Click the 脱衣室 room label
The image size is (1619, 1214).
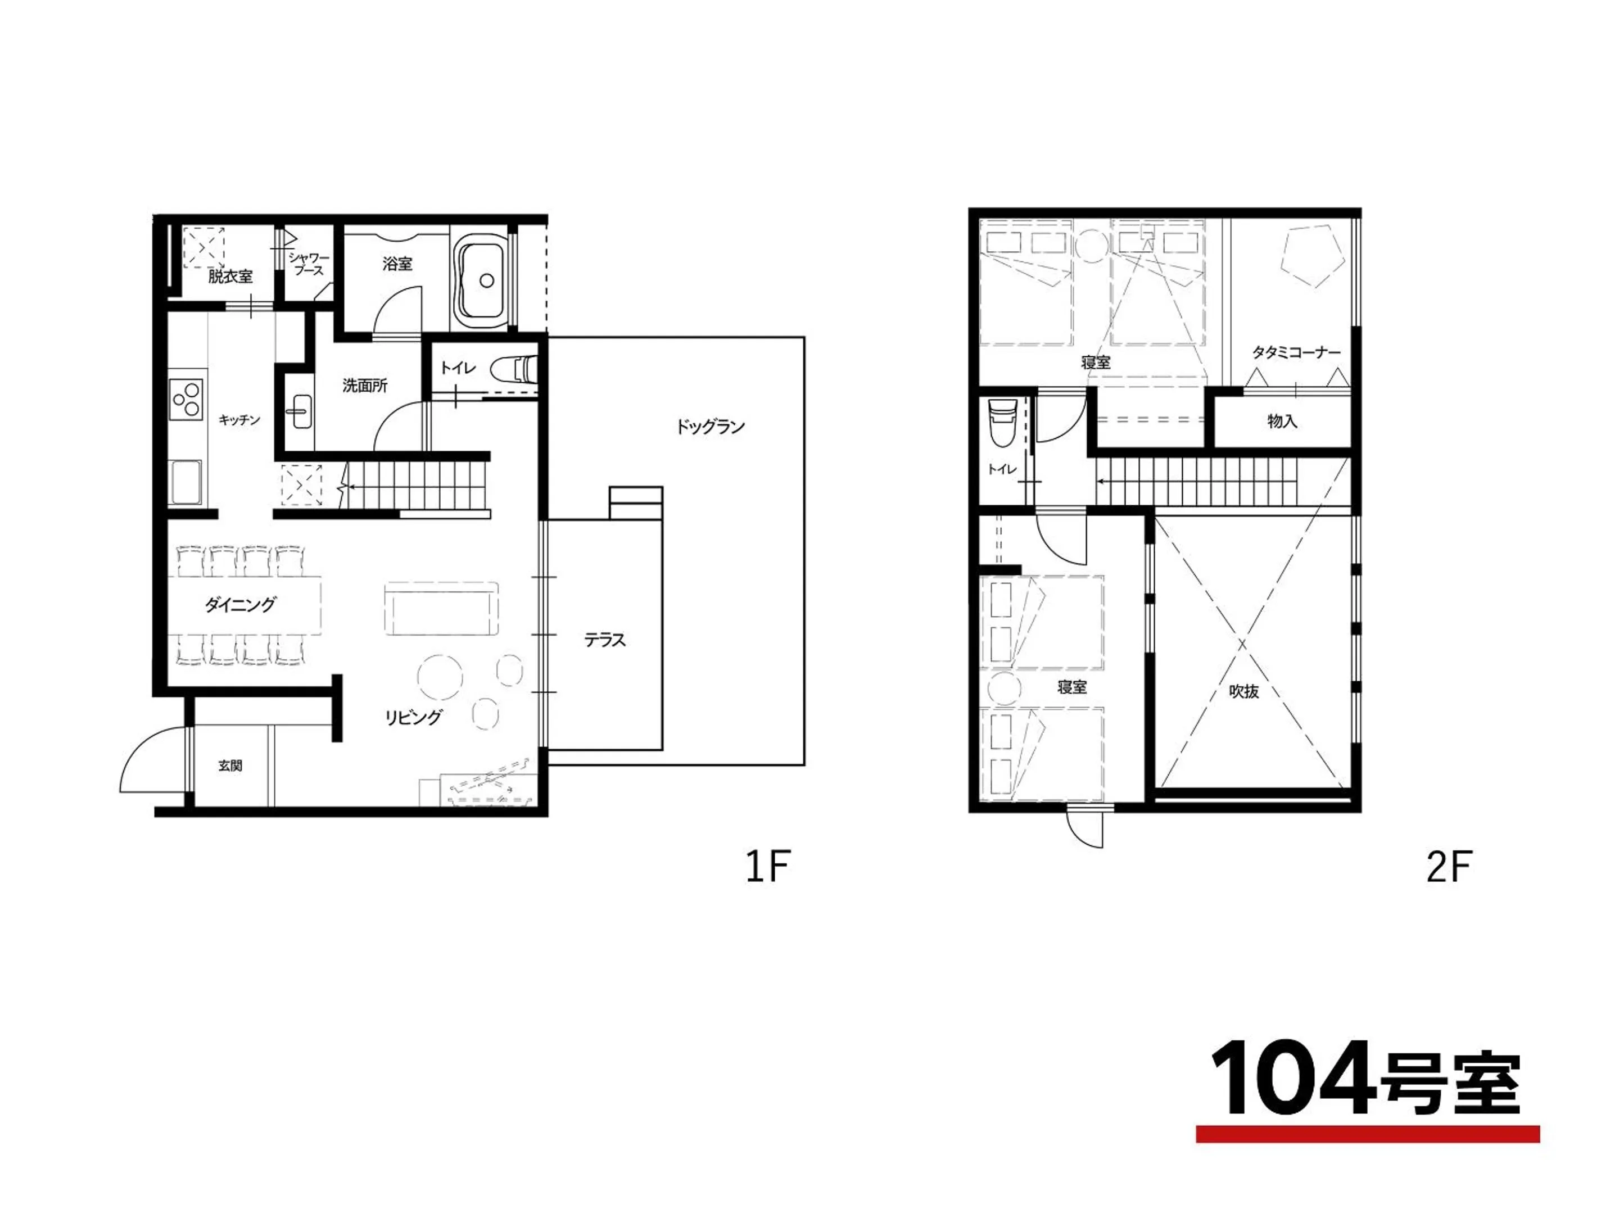click(x=230, y=277)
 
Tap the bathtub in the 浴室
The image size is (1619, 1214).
click(x=480, y=279)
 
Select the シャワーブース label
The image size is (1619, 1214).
click(x=308, y=264)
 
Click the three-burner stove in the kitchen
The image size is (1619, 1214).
click(x=186, y=399)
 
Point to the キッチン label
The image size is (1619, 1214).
click(x=239, y=420)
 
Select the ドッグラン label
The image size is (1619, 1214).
click(x=709, y=427)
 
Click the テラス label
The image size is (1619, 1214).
click(x=604, y=640)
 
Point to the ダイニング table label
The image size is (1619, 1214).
click(x=240, y=604)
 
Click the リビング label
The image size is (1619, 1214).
click(x=414, y=717)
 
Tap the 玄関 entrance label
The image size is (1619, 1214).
click(x=230, y=765)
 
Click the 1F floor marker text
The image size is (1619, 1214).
click(x=767, y=867)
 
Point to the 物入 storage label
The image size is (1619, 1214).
click(x=1282, y=422)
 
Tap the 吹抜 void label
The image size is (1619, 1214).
click(x=1243, y=691)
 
